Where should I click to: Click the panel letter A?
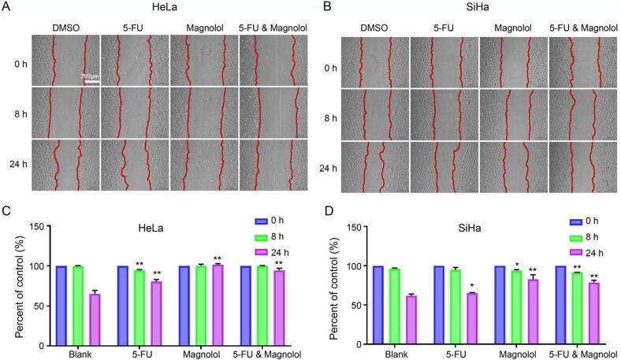pos(7,8)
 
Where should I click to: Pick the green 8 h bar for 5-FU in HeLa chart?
pos(139,307)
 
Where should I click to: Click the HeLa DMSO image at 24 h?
pos(65,165)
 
